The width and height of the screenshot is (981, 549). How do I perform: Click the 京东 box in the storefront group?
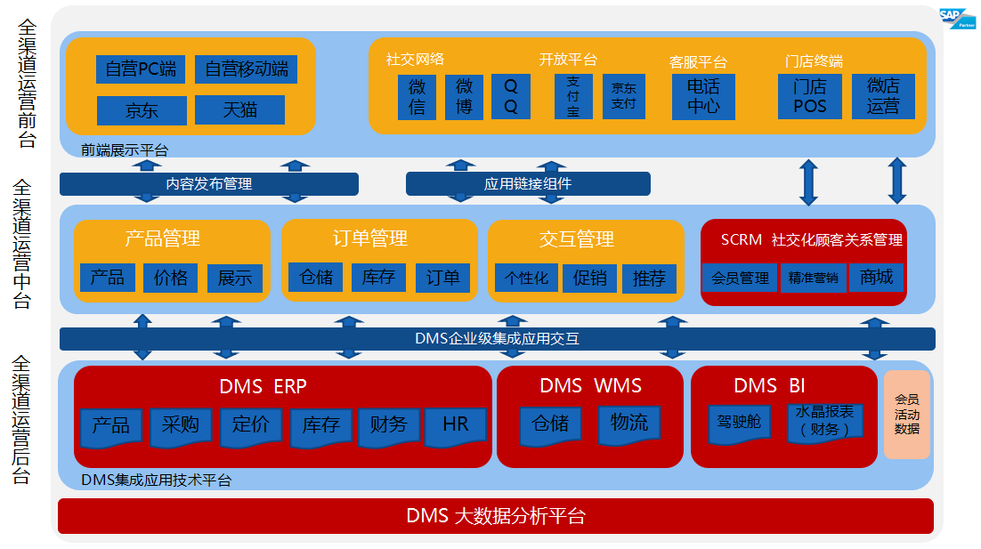pos(142,110)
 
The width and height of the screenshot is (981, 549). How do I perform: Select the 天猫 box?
pos(239,109)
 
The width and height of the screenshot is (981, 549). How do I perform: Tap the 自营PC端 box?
pos(140,69)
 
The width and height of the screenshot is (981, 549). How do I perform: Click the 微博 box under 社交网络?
pos(464,97)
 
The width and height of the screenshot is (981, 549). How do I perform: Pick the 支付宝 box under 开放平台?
pos(572,97)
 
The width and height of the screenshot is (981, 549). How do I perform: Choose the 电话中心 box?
pos(703,96)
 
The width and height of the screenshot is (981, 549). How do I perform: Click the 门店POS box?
pos(809,96)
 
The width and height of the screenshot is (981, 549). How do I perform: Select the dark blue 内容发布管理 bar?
pos(209,183)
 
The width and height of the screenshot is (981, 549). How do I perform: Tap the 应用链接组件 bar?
pos(528,183)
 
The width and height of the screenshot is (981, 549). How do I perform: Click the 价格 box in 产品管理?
pos(170,278)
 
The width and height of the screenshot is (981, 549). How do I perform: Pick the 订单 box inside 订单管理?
pos(442,278)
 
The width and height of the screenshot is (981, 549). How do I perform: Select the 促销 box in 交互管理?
pos(589,279)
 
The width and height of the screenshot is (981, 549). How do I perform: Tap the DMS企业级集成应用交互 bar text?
pos(497,339)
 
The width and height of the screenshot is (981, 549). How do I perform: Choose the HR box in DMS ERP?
pos(455,424)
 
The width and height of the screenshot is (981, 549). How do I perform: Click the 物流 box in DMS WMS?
pos(628,423)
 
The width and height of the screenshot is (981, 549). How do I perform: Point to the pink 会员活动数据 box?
pos(906,415)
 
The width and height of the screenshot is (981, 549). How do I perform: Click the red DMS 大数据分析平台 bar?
pos(496,516)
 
